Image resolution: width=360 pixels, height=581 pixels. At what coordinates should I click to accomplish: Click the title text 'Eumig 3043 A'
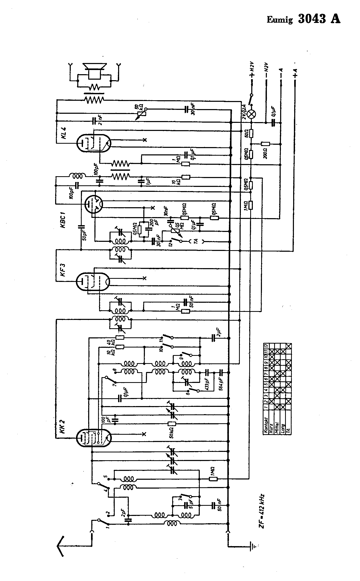(x=303, y=19)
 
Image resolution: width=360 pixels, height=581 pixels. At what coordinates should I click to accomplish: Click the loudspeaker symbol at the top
(x=94, y=71)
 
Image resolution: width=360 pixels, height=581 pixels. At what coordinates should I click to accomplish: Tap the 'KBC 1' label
(x=63, y=220)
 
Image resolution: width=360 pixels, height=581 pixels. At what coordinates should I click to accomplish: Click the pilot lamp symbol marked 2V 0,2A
(x=251, y=114)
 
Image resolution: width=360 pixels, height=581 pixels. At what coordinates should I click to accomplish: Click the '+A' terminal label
(x=295, y=73)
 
